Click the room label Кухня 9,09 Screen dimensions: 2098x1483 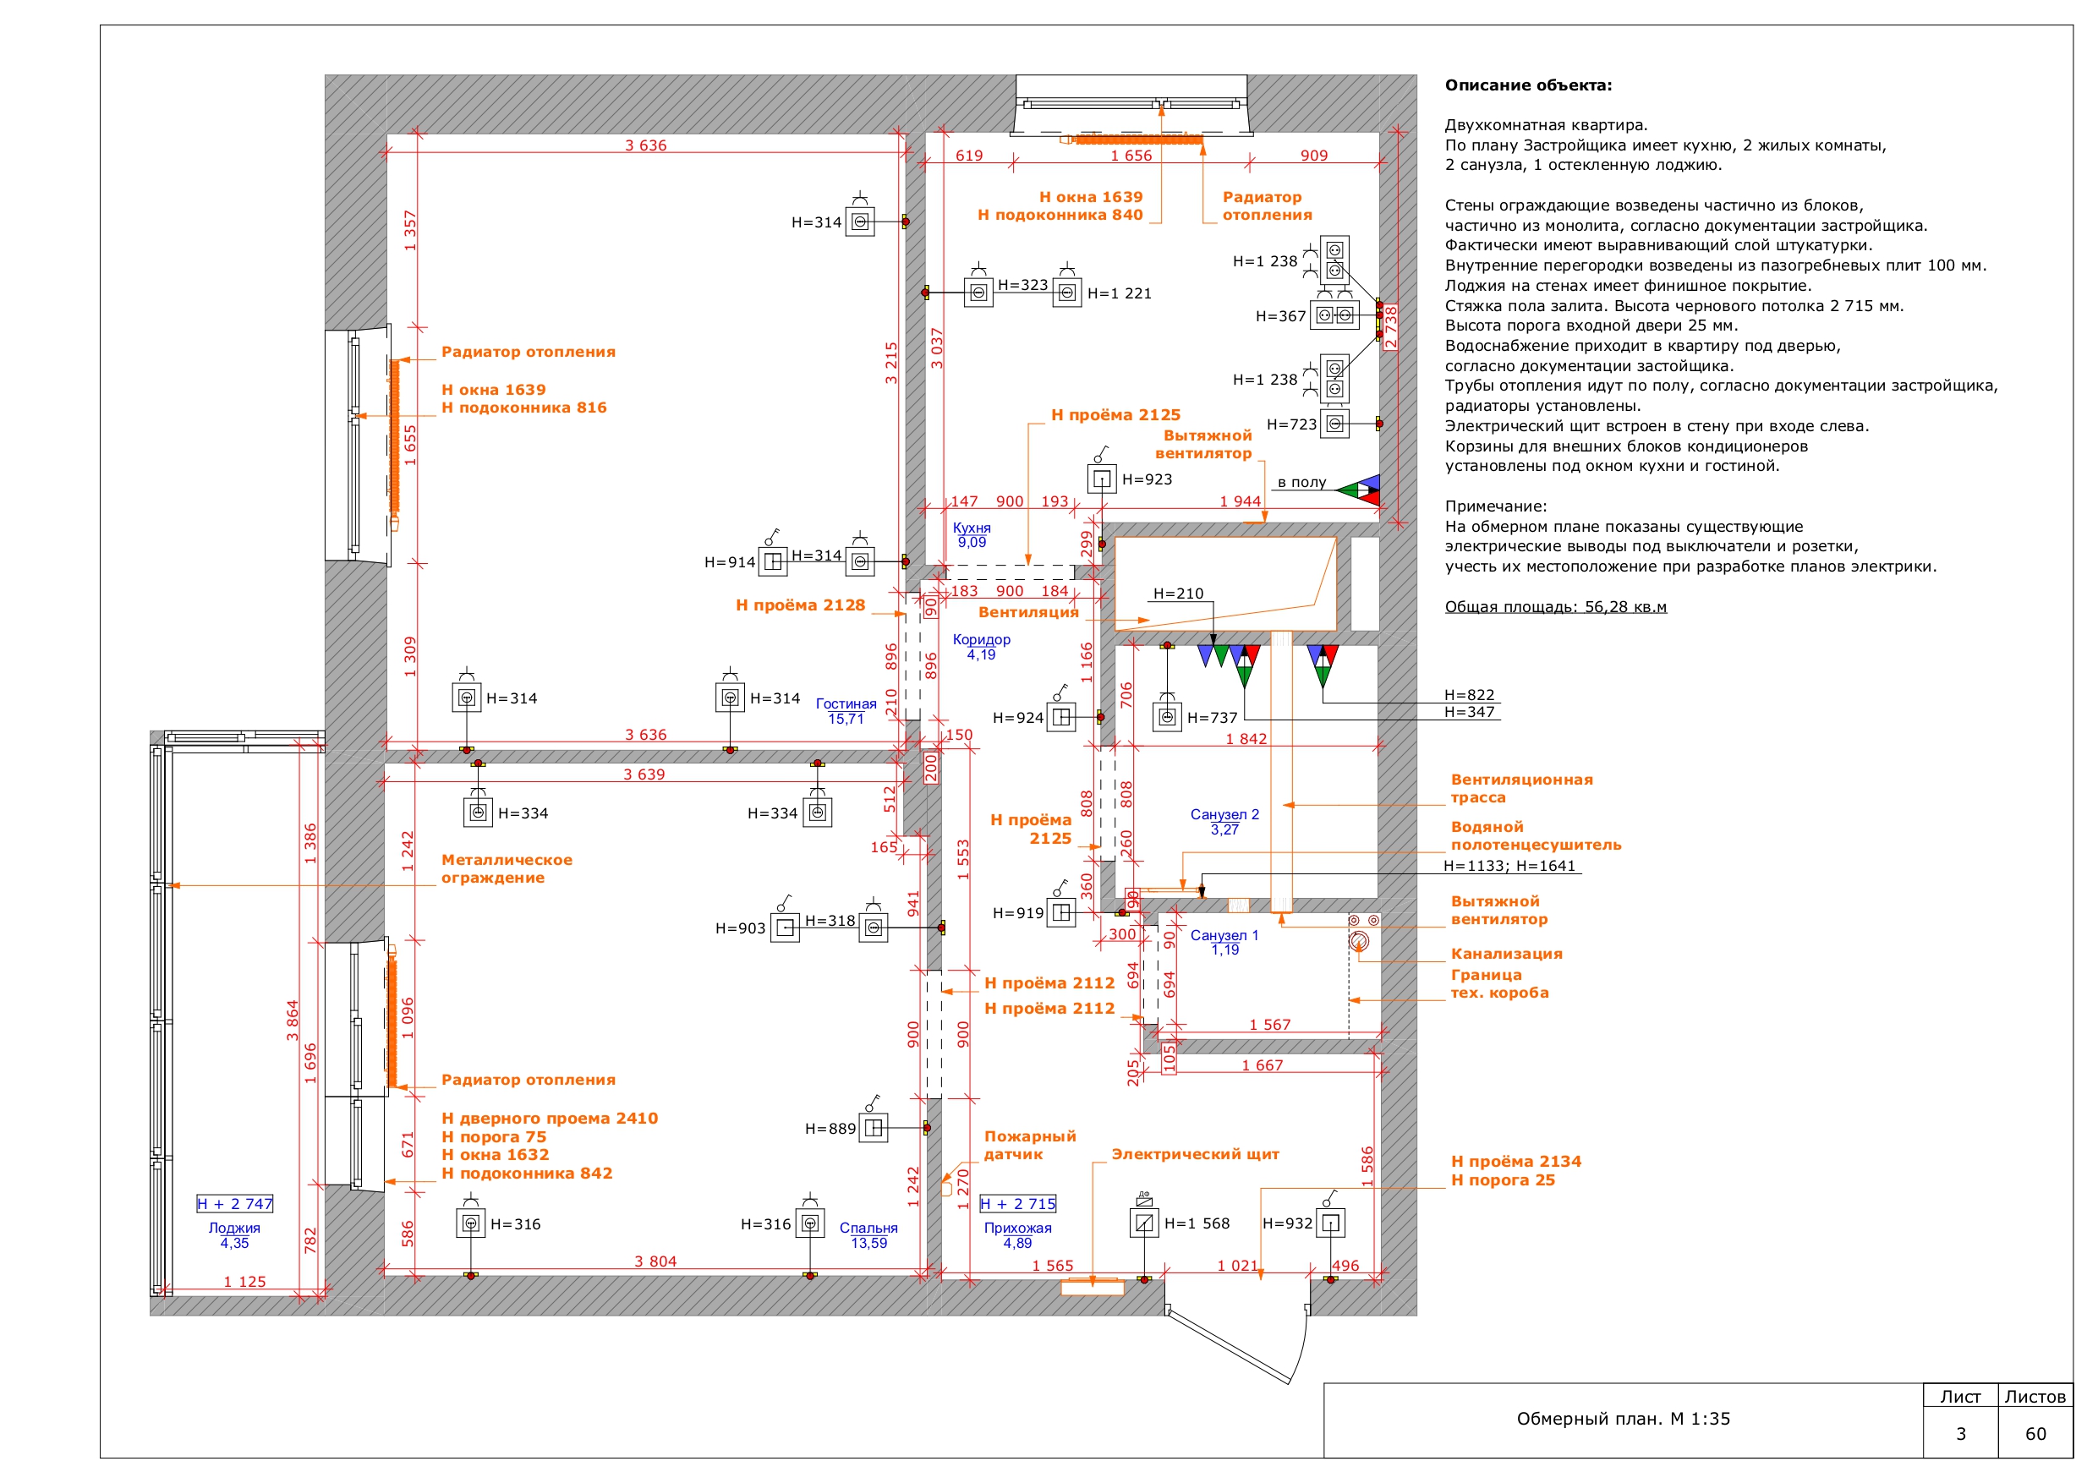[972, 535]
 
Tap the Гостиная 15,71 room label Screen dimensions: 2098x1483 [846, 712]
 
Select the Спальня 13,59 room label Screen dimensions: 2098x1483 [868, 1235]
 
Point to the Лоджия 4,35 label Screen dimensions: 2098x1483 [234, 1235]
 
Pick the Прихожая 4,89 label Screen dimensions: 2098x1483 [1017, 1235]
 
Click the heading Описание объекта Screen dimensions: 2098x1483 [1528, 85]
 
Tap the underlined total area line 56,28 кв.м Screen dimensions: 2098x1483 [1555, 607]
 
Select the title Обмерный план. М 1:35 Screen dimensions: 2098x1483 [1623, 1419]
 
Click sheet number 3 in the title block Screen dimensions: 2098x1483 [1960, 1434]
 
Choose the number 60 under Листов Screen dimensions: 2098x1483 [2036, 1434]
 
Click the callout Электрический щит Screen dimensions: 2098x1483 [1195, 1154]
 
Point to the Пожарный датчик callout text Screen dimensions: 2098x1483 [1030, 1145]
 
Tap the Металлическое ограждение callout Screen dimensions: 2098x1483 [507, 869]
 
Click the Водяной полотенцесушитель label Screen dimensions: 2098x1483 [1536, 836]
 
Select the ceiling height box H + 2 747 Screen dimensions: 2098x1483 [235, 1204]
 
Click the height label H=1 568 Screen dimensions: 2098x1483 [1197, 1223]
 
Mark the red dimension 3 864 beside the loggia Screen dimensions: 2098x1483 [293, 1021]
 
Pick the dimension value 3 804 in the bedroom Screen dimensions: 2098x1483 [655, 1261]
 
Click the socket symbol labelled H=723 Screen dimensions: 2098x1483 [1335, 424]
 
